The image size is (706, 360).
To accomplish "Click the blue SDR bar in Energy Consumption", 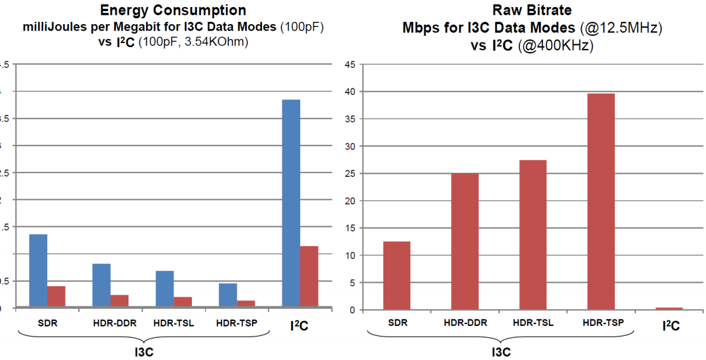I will click(x=38, y=270).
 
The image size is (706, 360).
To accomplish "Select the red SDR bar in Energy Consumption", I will click(x=56, y=296).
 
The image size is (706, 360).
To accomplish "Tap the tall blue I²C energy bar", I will click(x=291, y=203).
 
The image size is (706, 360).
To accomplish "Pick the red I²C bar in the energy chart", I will click(x=309, y=276).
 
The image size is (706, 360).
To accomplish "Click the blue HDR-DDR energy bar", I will click(x=101, y=285).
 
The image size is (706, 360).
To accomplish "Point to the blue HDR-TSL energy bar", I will click(x=165, y=289).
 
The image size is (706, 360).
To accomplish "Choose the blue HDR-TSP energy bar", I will click(x=228, y=295).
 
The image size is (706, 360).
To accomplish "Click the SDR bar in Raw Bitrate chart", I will click(x=396, y=276).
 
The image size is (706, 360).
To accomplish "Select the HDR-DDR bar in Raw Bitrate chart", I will click(x=465, y=242).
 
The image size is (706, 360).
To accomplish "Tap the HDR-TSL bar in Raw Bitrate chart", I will click(x=533, y=235).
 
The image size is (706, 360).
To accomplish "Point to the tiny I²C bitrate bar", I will click(x=669, y=309).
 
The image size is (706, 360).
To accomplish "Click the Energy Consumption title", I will click(x=173, y=10).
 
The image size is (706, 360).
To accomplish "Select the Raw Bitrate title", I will click(x=532, y=10).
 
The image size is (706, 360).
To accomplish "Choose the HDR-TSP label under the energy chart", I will click(x=236, y=323).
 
